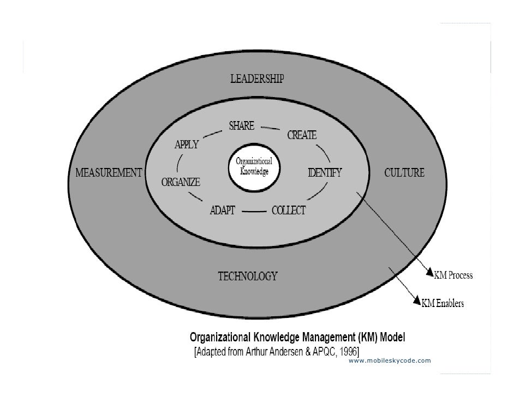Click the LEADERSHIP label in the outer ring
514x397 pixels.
click(256, 79)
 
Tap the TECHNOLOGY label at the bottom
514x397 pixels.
click(248, 276)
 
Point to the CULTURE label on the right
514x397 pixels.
click(404, 173)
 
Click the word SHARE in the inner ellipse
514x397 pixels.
click(241, 126)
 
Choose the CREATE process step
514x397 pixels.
click(302, 135)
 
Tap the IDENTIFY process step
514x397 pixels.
click(325, 173)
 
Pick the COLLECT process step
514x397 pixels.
click(289, 211)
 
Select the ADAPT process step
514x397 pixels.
click(222, 211)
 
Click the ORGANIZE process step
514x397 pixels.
click(180, 182)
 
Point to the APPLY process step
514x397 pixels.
click(186, 146)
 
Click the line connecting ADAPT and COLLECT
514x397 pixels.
click(253, 211)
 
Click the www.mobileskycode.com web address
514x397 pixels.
click(389, 361)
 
